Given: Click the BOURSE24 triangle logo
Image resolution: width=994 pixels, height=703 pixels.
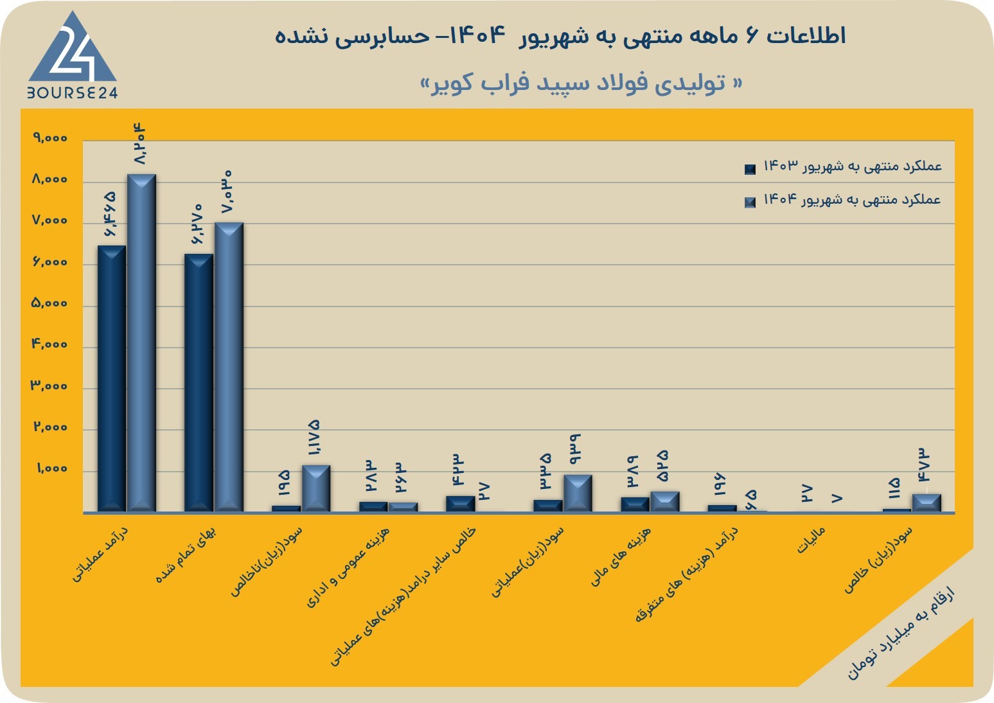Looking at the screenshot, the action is (x=73, y=55).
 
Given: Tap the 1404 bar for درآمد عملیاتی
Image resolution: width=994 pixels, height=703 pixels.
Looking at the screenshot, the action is (x=141, y=343).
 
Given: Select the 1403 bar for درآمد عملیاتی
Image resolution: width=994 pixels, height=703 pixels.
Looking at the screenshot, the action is (x=112, y=378).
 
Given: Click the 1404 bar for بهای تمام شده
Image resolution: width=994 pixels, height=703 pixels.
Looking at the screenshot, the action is (x=229, y=367).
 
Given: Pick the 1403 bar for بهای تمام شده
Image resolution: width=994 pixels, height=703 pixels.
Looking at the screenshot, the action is (x=199, y=383).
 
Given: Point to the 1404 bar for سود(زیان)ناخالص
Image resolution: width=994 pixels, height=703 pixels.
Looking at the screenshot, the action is (x=316, y=488).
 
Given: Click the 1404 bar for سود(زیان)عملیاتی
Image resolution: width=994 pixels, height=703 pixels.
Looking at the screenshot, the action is (x=578, y=494).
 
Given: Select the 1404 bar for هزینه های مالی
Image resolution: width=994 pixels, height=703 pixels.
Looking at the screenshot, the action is (x=665, y=502).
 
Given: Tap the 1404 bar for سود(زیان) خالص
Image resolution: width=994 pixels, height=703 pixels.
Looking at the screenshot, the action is (x=927, y=503).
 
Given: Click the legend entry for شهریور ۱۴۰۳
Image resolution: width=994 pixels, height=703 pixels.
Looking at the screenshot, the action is (x=843, y=167).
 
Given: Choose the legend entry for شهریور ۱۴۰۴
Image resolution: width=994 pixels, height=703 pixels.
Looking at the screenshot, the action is (x=843, y=200).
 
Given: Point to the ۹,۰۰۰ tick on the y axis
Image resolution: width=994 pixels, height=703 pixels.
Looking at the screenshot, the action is (x=50, y=138).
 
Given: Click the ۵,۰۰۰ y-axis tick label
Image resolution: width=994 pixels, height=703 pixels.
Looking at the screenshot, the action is (x=49, y=303).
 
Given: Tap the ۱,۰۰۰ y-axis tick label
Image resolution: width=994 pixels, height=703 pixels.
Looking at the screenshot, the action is (x=52, y=468).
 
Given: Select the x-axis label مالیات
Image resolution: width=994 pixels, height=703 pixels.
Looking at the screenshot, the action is (x=811, y=540).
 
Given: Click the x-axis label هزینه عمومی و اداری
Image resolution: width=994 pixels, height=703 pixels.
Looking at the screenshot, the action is (x=348, y=567).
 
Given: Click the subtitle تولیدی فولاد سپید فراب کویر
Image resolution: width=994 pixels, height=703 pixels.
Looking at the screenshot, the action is (x=581, y=83).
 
